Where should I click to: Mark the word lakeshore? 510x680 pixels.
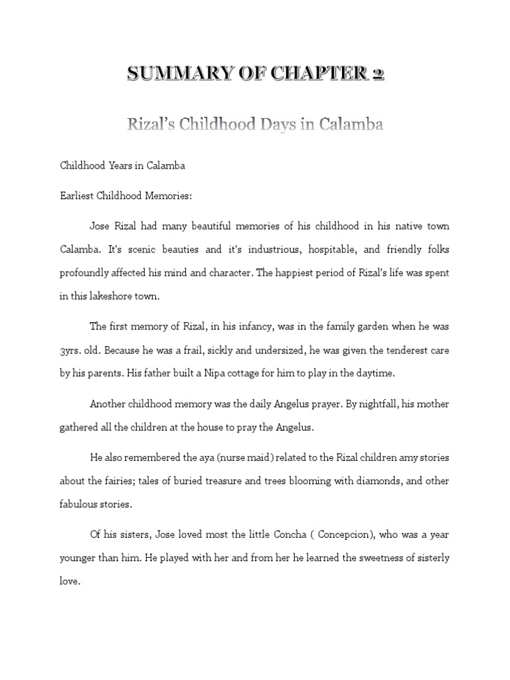(110, 296)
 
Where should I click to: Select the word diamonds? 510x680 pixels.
(340, 480)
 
